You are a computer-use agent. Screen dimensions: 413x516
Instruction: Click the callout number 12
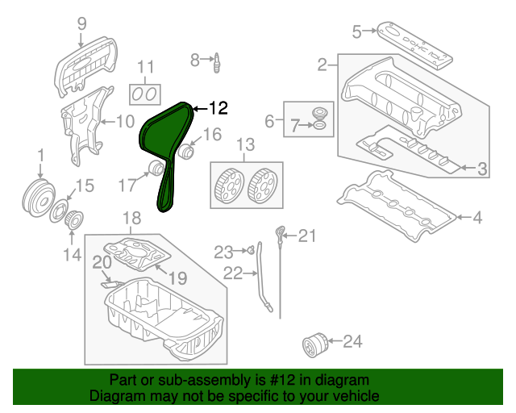pyautogui.click(x=218, y=107)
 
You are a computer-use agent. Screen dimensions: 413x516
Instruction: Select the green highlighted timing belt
pyautogui.click(x=160, y=134)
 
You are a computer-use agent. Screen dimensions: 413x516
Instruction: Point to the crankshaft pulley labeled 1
pyautogui.click(x=35, y=196)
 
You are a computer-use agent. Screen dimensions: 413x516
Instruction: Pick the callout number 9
pyautogui.click(x=81, y=23)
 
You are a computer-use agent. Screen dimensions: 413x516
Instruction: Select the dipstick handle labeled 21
pyautogui.click(x=280, y=235)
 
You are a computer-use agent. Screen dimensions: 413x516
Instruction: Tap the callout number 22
pyautogui.click(x=232, y=274)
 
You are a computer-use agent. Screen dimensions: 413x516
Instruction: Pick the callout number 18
pyautogui.click(x=131, y=218)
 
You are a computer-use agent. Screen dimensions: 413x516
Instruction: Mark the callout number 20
pyautogui.click(x=102, y=262)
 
